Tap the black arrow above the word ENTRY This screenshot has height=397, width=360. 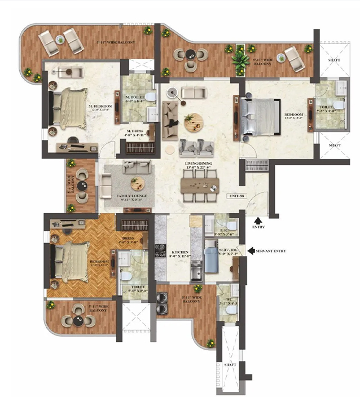tap(258, 219)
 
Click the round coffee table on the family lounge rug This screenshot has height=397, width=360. tap(137, 184)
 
